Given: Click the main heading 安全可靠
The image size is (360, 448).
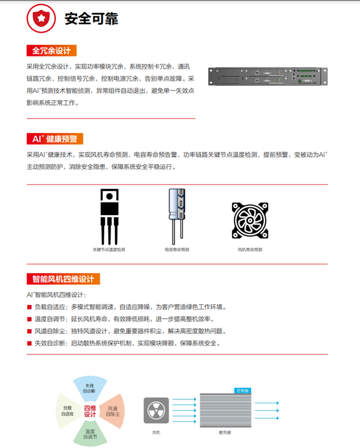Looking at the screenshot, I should coord(91,19).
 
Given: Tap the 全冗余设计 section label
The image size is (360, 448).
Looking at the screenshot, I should coord(51,50).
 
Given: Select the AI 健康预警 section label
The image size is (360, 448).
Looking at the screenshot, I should coord(55,139).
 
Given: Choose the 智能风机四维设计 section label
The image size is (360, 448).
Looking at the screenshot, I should coord(63,278).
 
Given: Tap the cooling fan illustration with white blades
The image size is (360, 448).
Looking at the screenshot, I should coord(250,220).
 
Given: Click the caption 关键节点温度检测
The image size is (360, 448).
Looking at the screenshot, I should coord(109,249).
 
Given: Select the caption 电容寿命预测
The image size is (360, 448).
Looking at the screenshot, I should coord(177,249).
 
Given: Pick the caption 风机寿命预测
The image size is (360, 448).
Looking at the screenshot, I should coord(250,249).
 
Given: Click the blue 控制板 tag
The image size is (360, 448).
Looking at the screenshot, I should coord(242,390).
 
